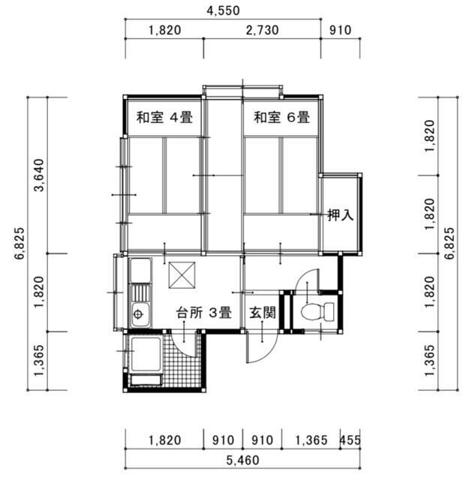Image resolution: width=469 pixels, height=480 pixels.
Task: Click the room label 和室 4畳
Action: tap(164, 117)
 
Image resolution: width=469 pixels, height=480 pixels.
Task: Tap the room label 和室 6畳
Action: tap(282, 117)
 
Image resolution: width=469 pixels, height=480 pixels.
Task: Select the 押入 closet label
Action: tap(341, 215)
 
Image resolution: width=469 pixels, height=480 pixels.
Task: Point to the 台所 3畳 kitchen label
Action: tap(203, 313)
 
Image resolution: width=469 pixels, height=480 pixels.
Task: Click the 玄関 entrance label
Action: tap(262, 313)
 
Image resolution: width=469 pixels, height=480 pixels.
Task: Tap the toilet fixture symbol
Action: tap(317, 312)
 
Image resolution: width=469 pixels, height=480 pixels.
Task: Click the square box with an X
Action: tap(182, 275)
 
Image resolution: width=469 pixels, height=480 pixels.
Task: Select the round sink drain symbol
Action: tap(138, 314)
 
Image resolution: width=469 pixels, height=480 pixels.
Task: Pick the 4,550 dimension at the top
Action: tap(223, 10)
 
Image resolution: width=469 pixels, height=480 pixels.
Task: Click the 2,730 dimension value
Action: tap(262, 30)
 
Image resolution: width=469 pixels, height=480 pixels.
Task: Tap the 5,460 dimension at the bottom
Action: tap(242, 460)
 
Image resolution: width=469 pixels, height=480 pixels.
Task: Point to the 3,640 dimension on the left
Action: tap(39, 175)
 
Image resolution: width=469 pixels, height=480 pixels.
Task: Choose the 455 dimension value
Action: tap(350, 440)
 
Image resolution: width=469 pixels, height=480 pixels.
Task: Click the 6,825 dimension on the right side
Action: tap(449, 243)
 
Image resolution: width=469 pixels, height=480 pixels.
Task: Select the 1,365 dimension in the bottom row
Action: tap(311, 440)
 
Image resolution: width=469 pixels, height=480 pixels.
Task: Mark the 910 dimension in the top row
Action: tap(341, 30)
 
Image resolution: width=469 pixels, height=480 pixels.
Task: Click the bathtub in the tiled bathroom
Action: tap(146, 354)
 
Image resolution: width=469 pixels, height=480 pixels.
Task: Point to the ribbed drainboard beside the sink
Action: tap(140, 293)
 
